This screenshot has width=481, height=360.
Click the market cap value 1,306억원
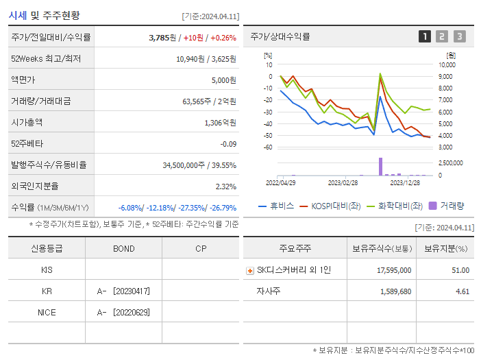pyautogui.click(x=220, y=122)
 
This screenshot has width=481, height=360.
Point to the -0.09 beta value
pyautogui.click(x=228, y=143)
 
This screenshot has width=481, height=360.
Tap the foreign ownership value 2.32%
pyautogui.click(x=225, y=186)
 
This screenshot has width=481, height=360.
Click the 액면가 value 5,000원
pyautogui.click(x=223, y=80)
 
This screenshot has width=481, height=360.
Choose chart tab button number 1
pyautogui.click(x=425, y=36)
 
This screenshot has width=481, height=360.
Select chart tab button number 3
pyautogui.click(x=459, y=36)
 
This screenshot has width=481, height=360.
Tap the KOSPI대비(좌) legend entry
pyautogui.click(x=335, y=205)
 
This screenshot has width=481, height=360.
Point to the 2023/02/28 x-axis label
pyautogui.click(x=343, y=183)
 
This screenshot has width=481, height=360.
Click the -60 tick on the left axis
pyautogui.click(x=268, y=147)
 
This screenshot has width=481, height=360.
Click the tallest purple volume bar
pyautogui.click(x=380, y=166)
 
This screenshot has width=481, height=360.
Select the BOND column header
pyautogui.click(x=123, y=248)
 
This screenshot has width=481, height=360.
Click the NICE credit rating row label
pyautogui.click(x=47, y=313)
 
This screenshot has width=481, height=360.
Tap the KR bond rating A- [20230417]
pyautogui.click(x=123, y=291)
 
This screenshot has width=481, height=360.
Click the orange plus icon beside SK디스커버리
pyautogui.click(x=249, y=270)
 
